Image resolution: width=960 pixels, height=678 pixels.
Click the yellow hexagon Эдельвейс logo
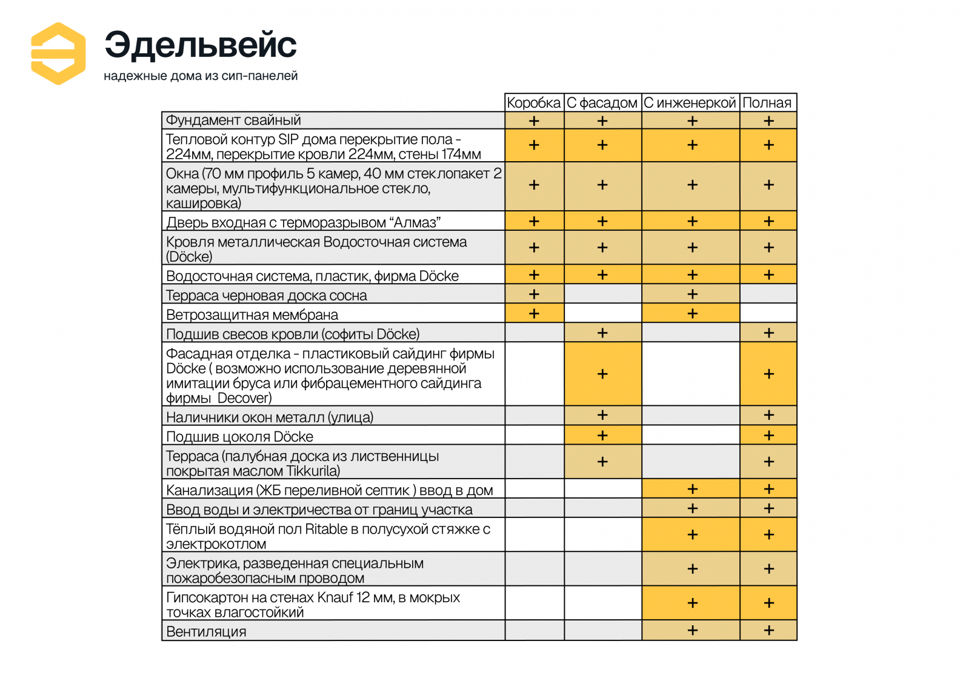58,53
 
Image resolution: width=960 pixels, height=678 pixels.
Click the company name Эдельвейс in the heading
201,45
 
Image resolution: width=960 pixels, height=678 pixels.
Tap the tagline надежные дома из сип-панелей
201,76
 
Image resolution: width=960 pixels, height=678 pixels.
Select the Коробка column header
534,103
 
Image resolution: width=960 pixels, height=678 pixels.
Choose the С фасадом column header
602,103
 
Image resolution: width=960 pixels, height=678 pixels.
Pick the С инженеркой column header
690,103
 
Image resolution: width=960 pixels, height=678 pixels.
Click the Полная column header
767,103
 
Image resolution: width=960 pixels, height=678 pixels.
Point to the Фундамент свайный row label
234,121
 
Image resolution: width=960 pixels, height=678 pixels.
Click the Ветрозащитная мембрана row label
252,315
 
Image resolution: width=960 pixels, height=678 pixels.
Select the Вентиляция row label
207,632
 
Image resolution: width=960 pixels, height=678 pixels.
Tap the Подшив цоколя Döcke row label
240,437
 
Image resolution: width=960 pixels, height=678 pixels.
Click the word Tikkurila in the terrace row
313,471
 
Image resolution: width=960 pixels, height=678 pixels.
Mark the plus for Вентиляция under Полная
768,631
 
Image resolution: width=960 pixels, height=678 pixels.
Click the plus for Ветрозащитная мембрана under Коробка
534,314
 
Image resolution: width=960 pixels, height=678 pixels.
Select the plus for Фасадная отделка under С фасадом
602,374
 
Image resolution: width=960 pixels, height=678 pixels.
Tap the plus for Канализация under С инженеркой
692,489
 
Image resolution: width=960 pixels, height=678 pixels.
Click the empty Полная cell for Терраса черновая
768,294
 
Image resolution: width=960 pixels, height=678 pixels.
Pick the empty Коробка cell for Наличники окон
535,416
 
